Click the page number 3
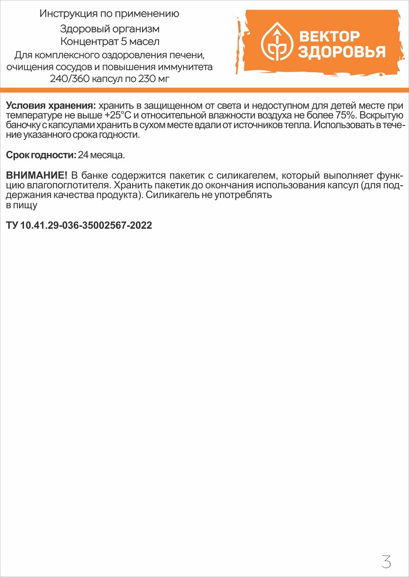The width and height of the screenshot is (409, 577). click(x=385, y=561)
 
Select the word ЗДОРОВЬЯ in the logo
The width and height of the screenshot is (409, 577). click(x=341, y=52)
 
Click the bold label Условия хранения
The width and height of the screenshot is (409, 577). click(x=51, y=106)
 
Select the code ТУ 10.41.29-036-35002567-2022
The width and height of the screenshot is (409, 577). click(x=79, y=225)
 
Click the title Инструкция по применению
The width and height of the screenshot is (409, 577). click(x=109, y=14)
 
